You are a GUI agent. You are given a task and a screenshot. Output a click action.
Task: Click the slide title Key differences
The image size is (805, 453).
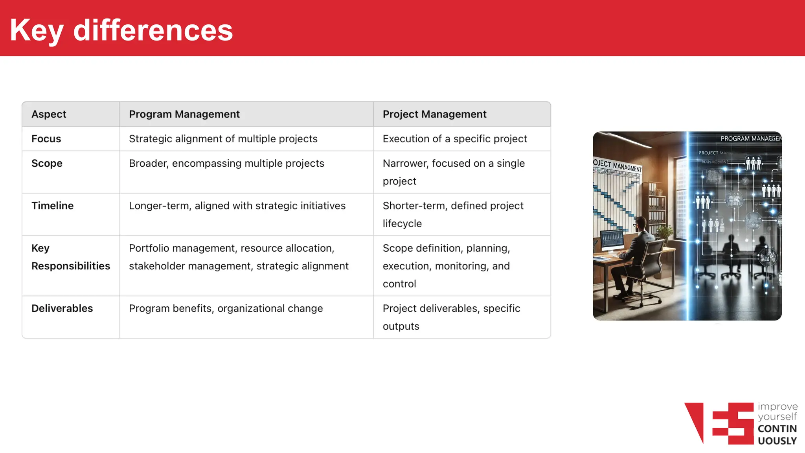tap(121, 30)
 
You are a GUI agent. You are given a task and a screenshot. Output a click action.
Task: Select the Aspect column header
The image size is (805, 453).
tap(49, 114)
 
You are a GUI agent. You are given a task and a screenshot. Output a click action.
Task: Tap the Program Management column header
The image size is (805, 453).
tap(184, 114)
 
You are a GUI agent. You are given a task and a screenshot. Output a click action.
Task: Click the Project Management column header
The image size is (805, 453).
tap(434, 114)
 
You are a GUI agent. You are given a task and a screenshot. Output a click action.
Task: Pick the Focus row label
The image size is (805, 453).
tap(46, 139)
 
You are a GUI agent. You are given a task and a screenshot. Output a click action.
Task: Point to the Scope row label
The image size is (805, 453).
tap(47, 163)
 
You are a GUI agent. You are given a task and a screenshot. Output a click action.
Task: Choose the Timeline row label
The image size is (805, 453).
tap(52, 206)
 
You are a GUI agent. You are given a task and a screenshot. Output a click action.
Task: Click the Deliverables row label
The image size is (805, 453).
tap(62, 308)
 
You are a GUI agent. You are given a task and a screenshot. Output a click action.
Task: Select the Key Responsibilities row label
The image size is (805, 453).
tap(70, 257)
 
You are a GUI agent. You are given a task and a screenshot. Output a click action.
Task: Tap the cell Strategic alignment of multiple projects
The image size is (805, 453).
tap(223, 139)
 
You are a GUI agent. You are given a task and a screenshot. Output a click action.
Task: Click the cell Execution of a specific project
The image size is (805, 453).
tap(455, 139)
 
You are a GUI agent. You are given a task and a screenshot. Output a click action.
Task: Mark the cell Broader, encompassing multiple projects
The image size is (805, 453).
tap(226, 163)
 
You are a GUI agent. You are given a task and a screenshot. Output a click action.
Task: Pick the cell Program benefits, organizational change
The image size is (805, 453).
tap(226, 308)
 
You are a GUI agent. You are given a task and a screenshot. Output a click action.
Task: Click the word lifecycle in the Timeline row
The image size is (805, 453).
tap(402, 223)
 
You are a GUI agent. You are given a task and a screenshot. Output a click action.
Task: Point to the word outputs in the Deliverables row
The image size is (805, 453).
tap(401, 326)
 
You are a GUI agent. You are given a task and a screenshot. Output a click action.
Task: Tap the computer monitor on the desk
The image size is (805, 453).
tap(612, 239)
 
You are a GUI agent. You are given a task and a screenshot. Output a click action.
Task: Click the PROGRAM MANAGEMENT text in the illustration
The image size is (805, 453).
tap(750, 138)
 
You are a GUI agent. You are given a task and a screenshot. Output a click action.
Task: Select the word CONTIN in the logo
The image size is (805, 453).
tap(777, 429)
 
